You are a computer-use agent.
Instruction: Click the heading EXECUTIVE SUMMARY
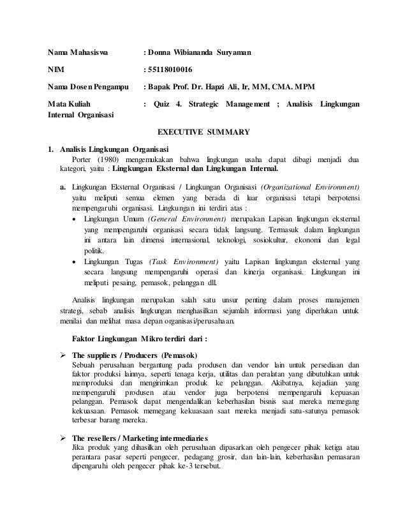point(204,133)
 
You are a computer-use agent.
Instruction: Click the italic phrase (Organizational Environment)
point(309,187)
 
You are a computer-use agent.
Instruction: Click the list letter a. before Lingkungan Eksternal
point(63,187)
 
